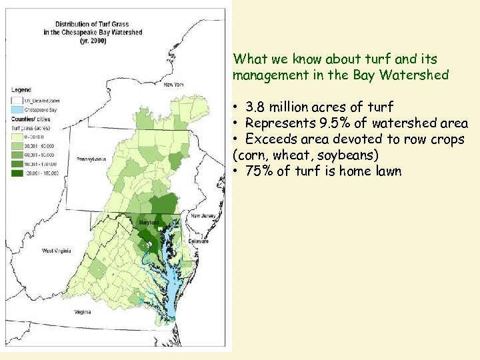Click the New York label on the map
coord(173,85)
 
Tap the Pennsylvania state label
coord(92,160)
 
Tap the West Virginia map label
coord(57,251)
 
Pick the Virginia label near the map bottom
coord(83,312)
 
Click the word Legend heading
coord(20,89)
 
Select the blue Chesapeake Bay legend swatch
coord(17,106)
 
